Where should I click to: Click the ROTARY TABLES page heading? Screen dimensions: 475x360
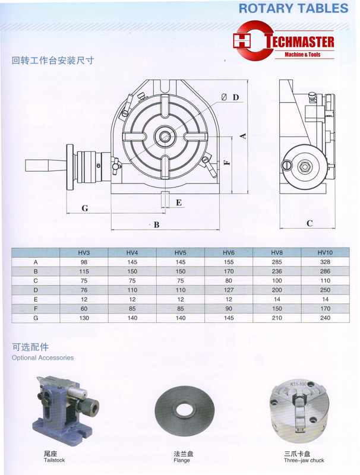[292, 8]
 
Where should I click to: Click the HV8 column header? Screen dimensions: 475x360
[277, 252]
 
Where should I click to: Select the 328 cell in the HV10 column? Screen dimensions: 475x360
[325, 262]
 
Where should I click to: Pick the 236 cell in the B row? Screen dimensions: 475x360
[277, 271]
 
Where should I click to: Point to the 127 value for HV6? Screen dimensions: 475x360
[229, 290]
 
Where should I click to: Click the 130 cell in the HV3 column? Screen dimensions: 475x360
[84, 318]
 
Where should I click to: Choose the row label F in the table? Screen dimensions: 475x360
[36, 308]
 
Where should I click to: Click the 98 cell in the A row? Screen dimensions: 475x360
[84, 262]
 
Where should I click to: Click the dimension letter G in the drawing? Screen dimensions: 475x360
[85, 208]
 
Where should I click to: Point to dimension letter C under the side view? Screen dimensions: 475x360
[310, 223]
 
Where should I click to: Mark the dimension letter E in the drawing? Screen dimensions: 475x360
[178, 202]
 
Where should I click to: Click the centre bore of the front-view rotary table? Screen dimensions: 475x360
[164, 137]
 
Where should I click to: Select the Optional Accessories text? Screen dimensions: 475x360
[43, 358]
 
